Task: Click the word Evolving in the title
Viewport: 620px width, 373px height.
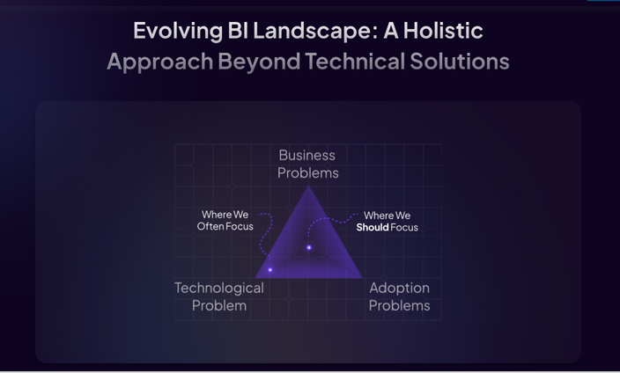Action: coord(178,31)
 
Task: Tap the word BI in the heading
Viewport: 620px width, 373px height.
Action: coord(238,31)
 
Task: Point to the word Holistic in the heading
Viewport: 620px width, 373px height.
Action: coord(443,31)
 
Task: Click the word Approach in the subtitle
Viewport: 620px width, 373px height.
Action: coord(160,62)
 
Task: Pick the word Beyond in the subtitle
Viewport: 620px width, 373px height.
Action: coord(259,62)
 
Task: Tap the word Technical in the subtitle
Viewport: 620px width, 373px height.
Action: coord(355,62)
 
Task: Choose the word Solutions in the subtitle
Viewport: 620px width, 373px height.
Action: coord(460,62)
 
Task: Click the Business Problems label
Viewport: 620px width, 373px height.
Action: coord(307,164)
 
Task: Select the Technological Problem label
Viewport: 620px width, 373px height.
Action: coord(219,296)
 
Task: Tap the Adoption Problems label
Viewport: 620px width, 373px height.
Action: coord(399,296)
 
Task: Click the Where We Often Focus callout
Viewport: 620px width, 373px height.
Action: coord(225,221)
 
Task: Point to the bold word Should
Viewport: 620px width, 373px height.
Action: coord(373,228)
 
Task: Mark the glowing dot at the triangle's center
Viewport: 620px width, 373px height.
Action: coord(309,248)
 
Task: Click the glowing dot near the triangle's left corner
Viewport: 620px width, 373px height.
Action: coord(270,270)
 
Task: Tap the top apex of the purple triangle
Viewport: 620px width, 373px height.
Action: coord(308,186)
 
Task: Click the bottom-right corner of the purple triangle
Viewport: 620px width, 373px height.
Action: coord(362,278)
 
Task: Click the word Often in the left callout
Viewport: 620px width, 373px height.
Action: coord(209,226)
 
